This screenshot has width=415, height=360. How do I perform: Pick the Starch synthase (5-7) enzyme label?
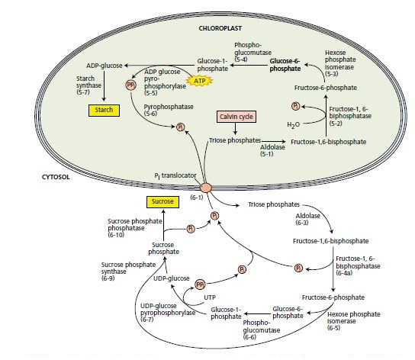[x=90, y=85]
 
